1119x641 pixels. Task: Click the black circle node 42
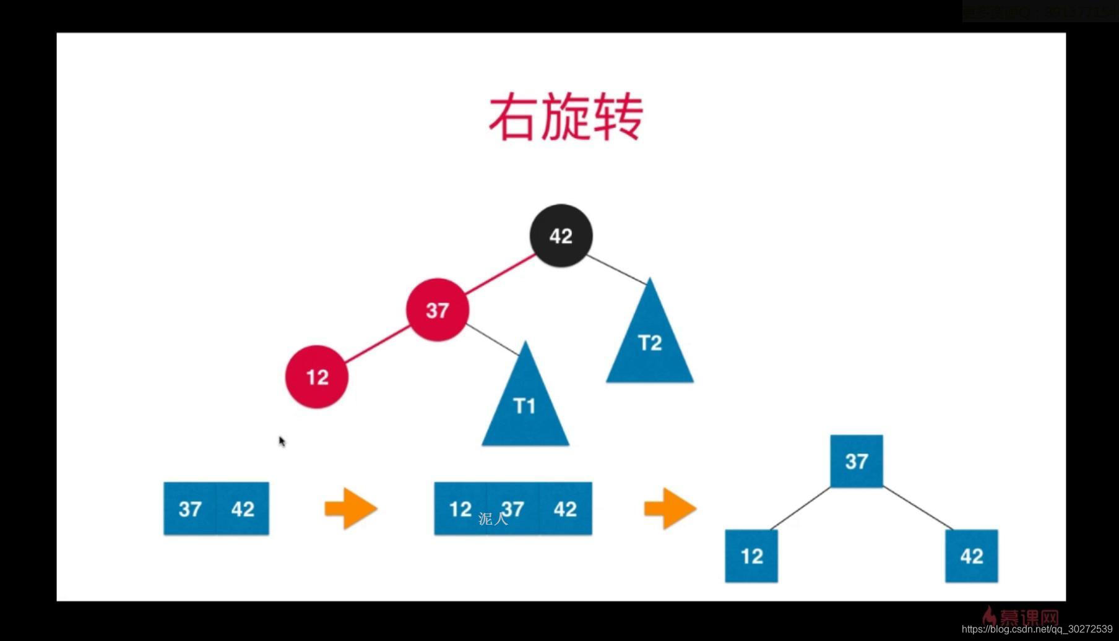tap(561, 236)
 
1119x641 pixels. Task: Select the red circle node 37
tap(437, 309)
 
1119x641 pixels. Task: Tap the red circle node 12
tap(317, 377)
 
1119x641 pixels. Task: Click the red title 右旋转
tap(566, 117)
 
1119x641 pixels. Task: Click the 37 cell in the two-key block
tap(190, 509)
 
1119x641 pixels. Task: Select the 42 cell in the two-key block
tap(243, 509)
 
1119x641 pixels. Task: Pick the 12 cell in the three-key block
tap(460, 509)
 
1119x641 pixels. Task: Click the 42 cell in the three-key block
tap(565, 509)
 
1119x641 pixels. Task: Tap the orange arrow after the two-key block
tap(351, 509)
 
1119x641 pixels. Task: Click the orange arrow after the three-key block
tap(670, 509)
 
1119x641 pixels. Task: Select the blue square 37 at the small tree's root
tap(857, 461)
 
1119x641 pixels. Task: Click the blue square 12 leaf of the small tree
tap(751, 556)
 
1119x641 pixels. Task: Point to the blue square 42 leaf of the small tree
tap(971, 556)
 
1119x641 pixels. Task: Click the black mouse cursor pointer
tap(282, 441)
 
